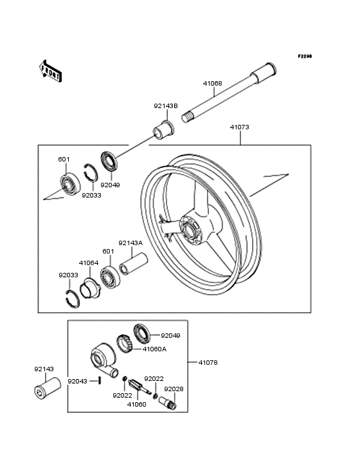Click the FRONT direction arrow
(50, 71)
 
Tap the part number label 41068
(212, 83)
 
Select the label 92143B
(166, 106)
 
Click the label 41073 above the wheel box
(239, 127)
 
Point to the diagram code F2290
(305, 56)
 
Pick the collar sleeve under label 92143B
(163, 130)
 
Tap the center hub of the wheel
(189, 231)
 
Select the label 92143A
(130, 243)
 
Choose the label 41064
(89, 263)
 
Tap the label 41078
(208, 362)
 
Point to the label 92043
(77, 381)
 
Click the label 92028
(174, 389)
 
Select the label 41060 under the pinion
(136, 404)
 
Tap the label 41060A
(154, 349)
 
